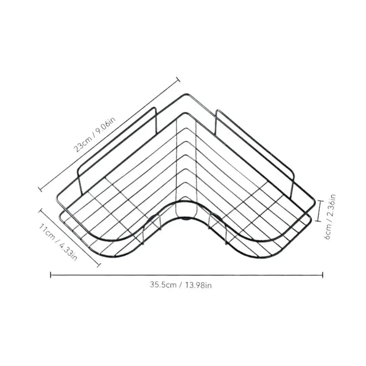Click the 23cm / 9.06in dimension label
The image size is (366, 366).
tap(95, 135)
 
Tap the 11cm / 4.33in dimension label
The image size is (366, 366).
tap(58, 242)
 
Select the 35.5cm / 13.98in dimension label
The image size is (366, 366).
tap(181, 285)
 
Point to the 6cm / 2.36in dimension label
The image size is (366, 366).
tap(330, 217)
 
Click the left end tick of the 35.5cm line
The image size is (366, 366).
tap(50, 275)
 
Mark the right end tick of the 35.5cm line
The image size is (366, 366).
tap(323, 275)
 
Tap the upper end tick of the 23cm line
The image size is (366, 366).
tap(178, 80)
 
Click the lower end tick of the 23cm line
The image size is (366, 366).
tap(40, 189)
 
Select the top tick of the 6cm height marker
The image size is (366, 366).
tap(320, 201)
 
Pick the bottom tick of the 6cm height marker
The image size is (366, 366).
tap(319, 220)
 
